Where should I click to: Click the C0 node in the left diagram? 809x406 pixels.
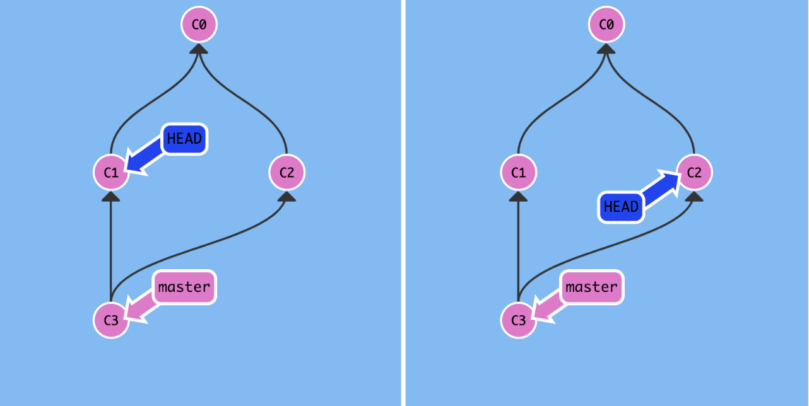[199, 25]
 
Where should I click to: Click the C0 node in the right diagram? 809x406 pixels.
[606, 25]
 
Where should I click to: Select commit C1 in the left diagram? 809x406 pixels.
[111, 172]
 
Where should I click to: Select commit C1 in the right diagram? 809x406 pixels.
[518, 172]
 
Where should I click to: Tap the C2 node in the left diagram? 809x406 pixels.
[287, 172]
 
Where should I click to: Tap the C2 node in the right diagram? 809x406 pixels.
[694, 172]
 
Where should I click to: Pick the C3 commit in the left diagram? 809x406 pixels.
[111, 320]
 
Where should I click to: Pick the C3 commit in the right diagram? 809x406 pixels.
[518, 320]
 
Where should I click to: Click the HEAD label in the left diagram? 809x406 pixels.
[185, 139]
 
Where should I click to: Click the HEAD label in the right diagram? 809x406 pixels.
[621, 207]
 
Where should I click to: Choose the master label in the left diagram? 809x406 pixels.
[184, 287]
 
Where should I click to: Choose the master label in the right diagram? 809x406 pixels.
[591, 287]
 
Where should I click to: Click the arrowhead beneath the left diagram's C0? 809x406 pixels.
[199, 49]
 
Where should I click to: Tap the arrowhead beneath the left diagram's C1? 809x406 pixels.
[111, 197]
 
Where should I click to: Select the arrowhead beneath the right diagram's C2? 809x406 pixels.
[694, 197]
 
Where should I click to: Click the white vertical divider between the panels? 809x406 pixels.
[403, 203]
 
